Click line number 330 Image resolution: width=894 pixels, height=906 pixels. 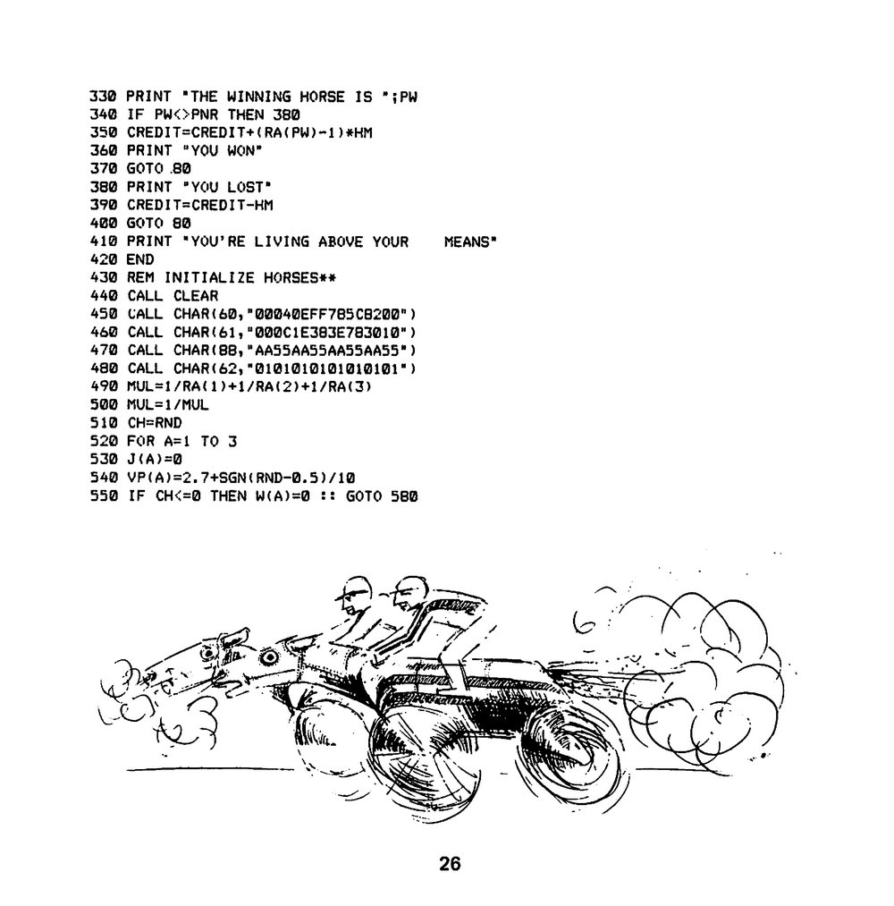pyautogui.click(x=104, y=97)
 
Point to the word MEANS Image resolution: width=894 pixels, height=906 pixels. pyautogui.click(x=467, y=241)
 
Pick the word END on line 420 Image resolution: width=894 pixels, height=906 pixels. pyautogui.click(x=140, y=259)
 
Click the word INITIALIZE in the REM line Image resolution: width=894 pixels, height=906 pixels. pyautogui.click(x=209, y=278)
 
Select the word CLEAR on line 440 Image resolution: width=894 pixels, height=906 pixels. pyautogui.click(x=196, y=296)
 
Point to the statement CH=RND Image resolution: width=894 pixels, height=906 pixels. pyautogui.click(x=154, y=423)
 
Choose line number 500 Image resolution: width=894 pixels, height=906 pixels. pyautogui.click(x=104, y=404)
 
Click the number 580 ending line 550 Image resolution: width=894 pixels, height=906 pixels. pyautogui.click(x=404, y=495)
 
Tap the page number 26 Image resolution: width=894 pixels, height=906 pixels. pyautogui.click(x=450, y=863)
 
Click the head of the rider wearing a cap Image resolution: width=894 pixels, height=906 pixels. pyautogui.click(x=352, y=595)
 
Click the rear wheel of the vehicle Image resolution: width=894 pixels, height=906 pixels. pyautogui.click(x=572, y=756)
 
